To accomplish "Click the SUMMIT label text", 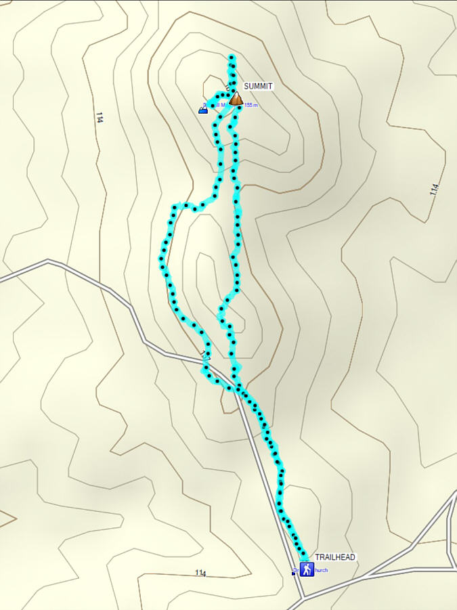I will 258,87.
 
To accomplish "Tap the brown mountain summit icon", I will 236,100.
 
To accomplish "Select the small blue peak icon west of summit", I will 203,109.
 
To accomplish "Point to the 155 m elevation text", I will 251,105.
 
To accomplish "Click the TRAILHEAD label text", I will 335,557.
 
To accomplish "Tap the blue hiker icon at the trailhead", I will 307,569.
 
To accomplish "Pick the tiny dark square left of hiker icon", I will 294,573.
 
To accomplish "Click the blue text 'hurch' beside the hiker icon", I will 322,570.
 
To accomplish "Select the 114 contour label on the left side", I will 100,117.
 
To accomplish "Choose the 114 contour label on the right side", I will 435,190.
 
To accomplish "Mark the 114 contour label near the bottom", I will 200,573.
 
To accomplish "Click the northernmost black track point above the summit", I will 232,57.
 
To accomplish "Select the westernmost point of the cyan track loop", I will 162,259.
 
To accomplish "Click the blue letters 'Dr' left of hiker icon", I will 296,569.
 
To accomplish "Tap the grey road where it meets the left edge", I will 2,278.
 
